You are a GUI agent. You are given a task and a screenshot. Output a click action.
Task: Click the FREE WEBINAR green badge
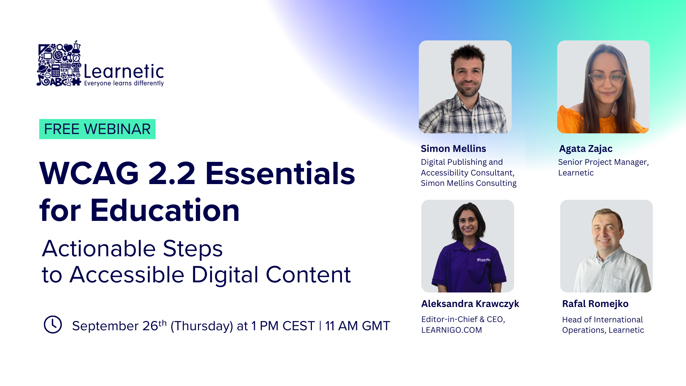(97, 129)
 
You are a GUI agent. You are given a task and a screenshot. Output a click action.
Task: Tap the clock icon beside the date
(53, 325)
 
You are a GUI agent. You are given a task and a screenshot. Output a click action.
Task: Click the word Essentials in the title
(280, 174)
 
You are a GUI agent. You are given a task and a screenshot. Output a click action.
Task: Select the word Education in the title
(165, 211)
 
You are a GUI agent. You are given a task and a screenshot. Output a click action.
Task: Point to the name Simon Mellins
(453, 149)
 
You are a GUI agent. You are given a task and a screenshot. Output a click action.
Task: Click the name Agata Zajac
(586, 149)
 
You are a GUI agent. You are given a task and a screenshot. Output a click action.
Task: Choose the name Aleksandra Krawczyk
(470, 304)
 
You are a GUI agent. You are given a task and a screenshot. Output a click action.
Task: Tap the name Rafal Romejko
(595, 304)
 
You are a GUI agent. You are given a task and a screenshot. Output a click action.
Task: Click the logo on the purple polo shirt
(483, 260)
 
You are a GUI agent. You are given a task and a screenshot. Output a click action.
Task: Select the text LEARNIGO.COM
(451, 330)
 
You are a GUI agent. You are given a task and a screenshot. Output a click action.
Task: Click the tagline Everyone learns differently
(124, 83)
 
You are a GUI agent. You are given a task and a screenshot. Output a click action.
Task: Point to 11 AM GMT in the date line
(357, 326)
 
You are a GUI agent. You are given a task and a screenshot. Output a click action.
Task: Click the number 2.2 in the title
(171, 174)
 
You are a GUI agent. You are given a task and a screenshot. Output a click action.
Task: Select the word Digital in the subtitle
(225, 275)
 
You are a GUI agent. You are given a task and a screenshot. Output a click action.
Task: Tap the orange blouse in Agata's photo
(572, 120)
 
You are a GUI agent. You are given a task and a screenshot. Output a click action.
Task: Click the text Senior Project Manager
(603, 162)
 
